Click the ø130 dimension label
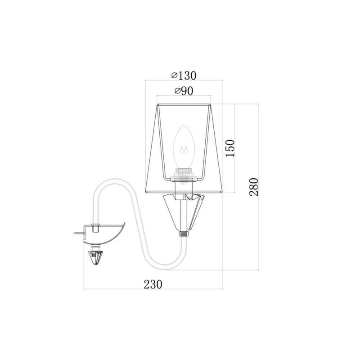(x=184, y=76)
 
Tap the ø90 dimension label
(x=184, y=91)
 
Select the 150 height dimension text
(x=230, y=148)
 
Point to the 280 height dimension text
(x=254, y=187)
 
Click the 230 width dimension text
(x=153, y=284)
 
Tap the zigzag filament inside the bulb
(x=184, y=150)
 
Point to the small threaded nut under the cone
(x=184, y=234)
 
